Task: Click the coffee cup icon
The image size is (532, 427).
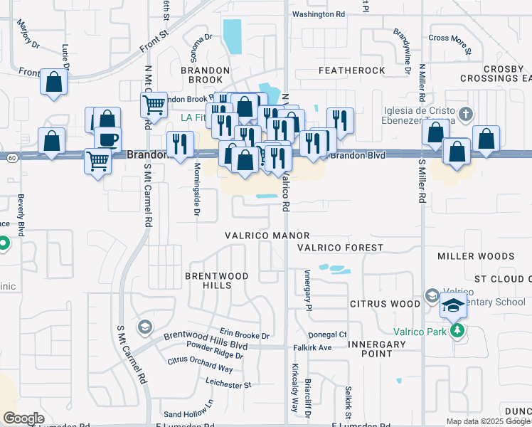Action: coord(107,139)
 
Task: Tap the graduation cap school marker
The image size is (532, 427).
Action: coord(453,305)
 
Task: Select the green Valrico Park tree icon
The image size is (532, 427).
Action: coord(457,331)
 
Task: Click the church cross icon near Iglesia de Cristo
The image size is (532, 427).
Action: coord(465,114)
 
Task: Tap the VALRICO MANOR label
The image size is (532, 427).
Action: coord(267,236)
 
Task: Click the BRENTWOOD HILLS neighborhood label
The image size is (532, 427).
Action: coord(208,280)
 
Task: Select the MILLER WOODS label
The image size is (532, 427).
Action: coord(476,256)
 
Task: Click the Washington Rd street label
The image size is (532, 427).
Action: coord(318,14)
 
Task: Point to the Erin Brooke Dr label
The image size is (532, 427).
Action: coord(245,335)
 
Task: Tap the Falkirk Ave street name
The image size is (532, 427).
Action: coord(312,347)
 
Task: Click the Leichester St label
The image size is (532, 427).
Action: coord(228,385)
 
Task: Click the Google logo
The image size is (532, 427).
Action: coord(23,418)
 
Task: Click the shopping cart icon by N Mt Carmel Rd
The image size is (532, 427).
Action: coord(154,105)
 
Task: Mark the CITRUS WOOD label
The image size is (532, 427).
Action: coord(385,304)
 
